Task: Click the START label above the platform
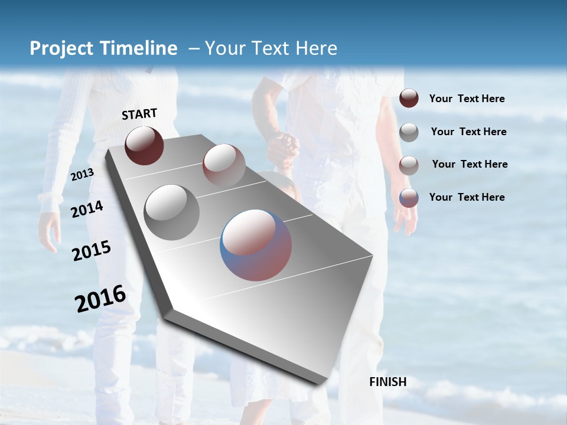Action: pos(139,114)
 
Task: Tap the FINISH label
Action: pos(387,382)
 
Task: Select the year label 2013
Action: pos(82,175)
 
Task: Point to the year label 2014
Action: pos(87,210)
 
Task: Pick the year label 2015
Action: pos(92,251)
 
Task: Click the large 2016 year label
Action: pos(100,299)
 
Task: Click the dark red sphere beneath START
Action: pos(144,145)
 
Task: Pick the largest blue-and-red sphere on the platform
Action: pos(256,244)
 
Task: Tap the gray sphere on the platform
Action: pos(171,212)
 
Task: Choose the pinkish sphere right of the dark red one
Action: pos(224,165)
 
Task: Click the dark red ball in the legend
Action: pos(409,98)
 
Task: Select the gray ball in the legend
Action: pos(409,132)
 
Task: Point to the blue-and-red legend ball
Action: pos(409,198)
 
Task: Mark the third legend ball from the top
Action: pos(409,165)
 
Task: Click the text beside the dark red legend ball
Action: pos(467,99)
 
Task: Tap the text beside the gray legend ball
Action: pos(468,132)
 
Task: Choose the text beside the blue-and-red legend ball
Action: pos(467,197)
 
